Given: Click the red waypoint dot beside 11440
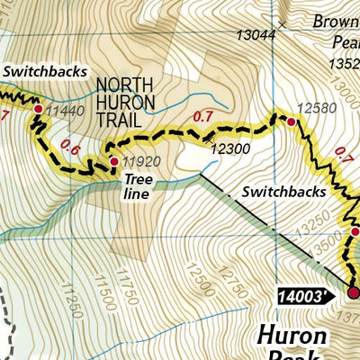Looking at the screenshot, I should [38, 109].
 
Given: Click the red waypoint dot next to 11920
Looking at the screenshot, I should [113, 162].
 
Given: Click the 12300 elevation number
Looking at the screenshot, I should [229, 151].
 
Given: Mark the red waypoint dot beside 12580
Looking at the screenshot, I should [291, 121].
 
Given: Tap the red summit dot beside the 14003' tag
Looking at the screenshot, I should [353, 292].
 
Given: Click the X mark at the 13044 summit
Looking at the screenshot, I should [283, 25].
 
